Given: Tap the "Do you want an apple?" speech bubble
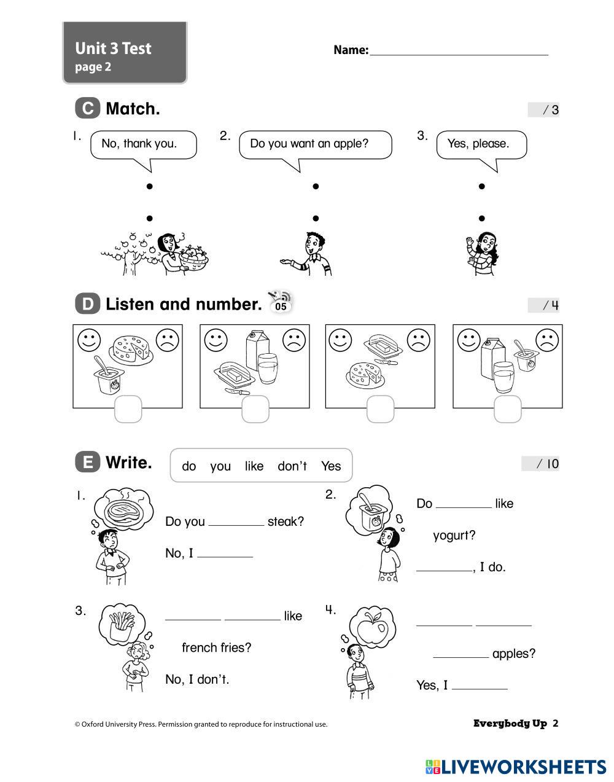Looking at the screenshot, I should click(x=315, y=144).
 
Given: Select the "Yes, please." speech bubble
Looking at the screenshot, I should click(x=481, y=144).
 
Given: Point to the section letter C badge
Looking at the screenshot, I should click(x=87, y=108).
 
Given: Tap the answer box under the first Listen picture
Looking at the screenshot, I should click(x=128, y=409).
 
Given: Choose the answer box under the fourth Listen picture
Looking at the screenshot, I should click(x=507, y=409).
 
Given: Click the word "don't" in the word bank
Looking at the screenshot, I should click(x=292, y=466).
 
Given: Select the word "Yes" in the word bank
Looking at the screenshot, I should click(x=330, y=466).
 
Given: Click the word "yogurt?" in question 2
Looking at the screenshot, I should click(x=454, y=535).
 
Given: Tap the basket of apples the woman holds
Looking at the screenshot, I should click(x=193, y=259).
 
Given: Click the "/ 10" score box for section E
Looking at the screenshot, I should click(x=540, y=464).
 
